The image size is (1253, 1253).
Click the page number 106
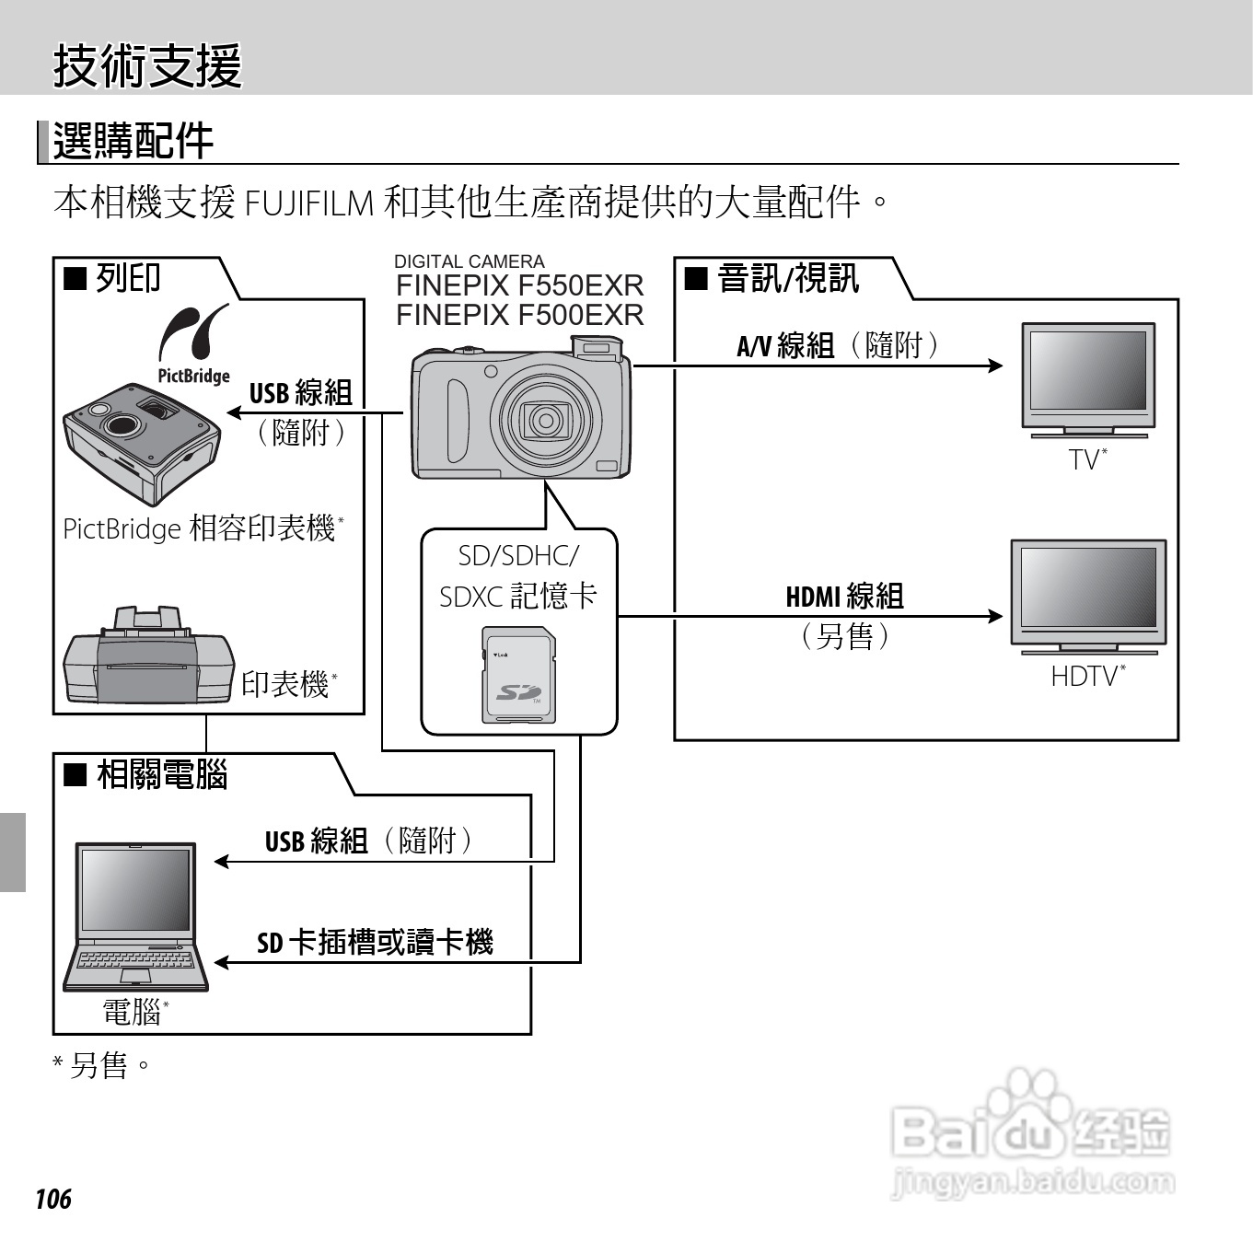(52, 1199)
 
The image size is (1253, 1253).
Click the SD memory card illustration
(519, 675)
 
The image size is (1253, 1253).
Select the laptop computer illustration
(136, 916)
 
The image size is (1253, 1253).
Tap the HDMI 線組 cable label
(844, 597)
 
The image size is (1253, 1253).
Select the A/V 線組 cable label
(785, 346)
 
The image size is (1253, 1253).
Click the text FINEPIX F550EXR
(519, 286)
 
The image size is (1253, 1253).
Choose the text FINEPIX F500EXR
(519, 316)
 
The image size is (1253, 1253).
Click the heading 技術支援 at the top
(147, 66)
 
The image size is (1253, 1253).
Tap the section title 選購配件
(133, 142)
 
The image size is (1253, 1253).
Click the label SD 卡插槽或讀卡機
(375, 943)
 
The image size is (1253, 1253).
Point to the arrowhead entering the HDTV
(995, 616)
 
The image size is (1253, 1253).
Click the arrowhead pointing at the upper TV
(995, 365)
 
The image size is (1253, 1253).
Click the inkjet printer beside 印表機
(147, 656)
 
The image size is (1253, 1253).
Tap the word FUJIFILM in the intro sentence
(309, 203)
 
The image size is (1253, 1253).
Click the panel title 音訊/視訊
(787, 278)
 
